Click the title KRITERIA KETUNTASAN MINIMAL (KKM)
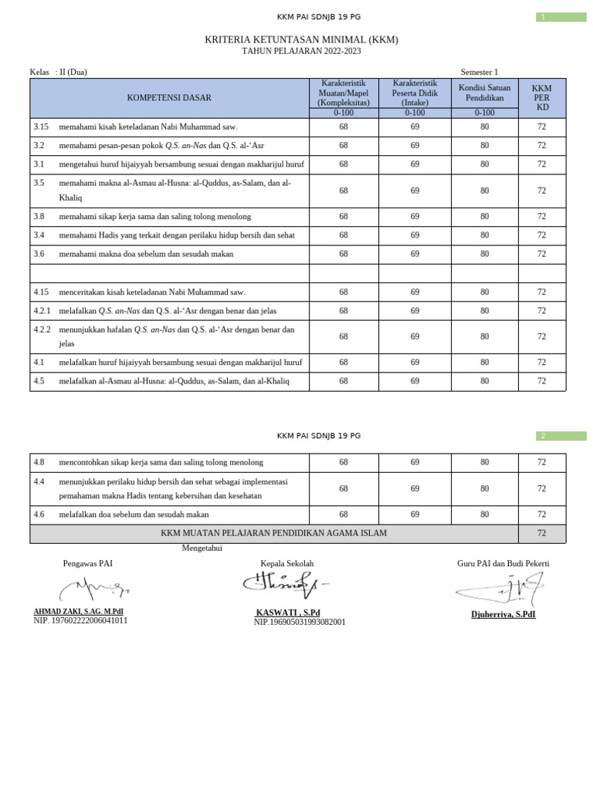(301, 39)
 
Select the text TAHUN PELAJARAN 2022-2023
(301, 51)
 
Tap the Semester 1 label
(479, 72)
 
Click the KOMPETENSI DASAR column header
(169, 98)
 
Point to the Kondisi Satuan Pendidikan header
(484, 93)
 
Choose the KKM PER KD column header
(541, 98)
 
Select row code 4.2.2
(42, 329)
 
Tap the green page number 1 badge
(561, 17)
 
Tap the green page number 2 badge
(561, 436)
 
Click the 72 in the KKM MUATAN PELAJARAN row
(541, 533)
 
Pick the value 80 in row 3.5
(484, 191)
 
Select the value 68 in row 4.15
(344, 292)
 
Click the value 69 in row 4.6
(415, 515)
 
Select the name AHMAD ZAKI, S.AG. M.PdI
(78, 611)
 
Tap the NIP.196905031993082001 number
(300, 622)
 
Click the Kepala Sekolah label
(287, 564)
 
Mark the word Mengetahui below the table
(202, 548)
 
